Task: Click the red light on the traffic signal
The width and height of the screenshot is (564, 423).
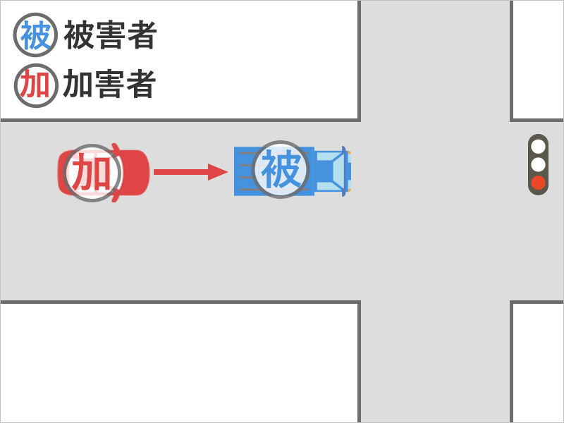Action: (538, 183)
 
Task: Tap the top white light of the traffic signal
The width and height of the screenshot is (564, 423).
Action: (538, 147)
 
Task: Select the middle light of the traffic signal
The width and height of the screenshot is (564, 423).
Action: (538, 165)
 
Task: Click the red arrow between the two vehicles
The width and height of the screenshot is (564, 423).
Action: (190, 172)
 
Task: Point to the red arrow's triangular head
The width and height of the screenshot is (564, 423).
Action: (217, 172)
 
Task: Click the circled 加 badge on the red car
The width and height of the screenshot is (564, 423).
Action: (92, 173)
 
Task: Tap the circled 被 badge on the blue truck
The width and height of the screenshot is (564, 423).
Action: (281, 169)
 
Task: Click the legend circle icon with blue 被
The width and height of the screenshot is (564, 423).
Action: (35, 35)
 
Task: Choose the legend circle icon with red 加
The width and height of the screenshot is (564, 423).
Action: (36, 85)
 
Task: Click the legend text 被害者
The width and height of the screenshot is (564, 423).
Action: (111, 35)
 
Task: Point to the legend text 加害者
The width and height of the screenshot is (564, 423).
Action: (110, 84)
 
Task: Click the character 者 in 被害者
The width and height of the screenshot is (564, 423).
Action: (142, 35)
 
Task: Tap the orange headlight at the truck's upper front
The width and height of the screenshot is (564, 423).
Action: (349, 152)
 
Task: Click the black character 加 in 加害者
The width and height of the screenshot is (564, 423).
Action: (77, 84)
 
